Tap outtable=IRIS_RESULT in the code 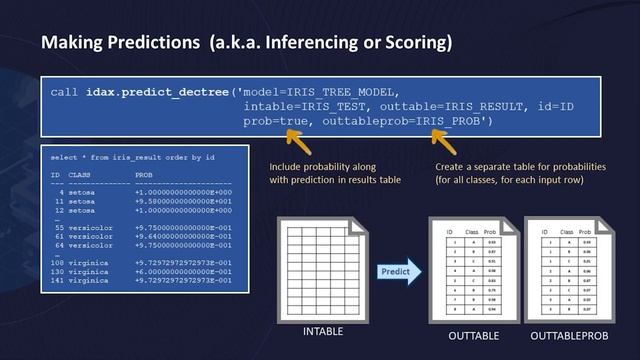point(434,106)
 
